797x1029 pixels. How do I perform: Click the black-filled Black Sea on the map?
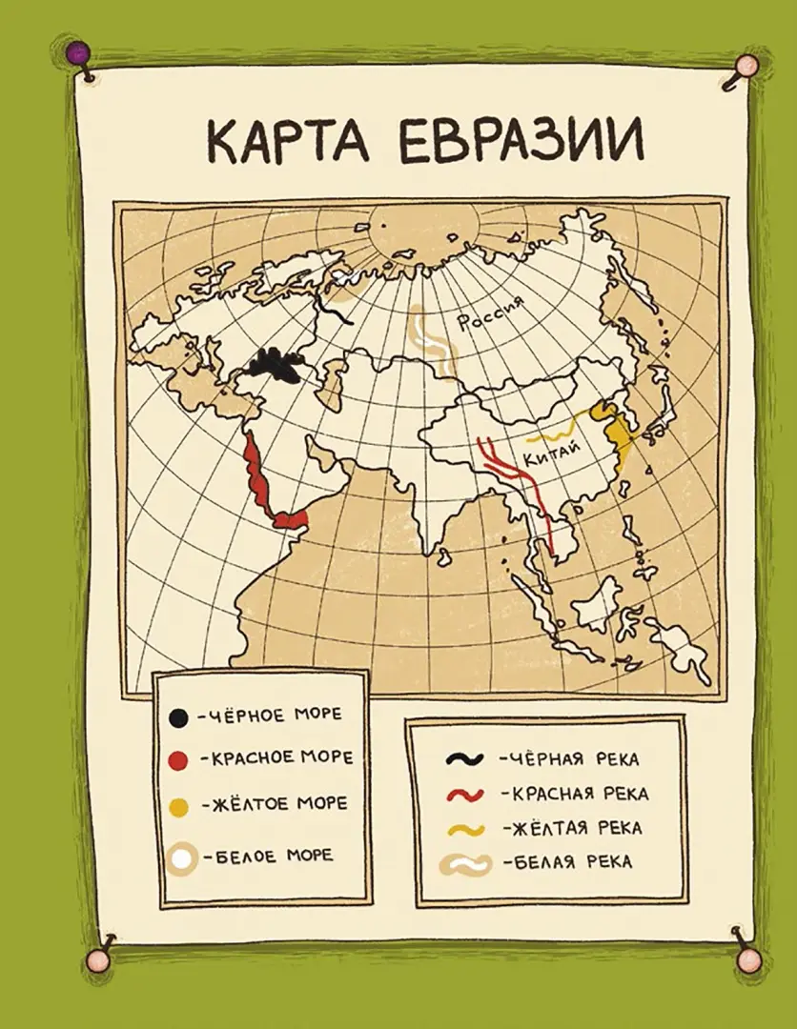click(274, 365)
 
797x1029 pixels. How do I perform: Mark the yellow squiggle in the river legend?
click(467, 828)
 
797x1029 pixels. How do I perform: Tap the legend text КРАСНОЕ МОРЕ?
click(276, 758)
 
